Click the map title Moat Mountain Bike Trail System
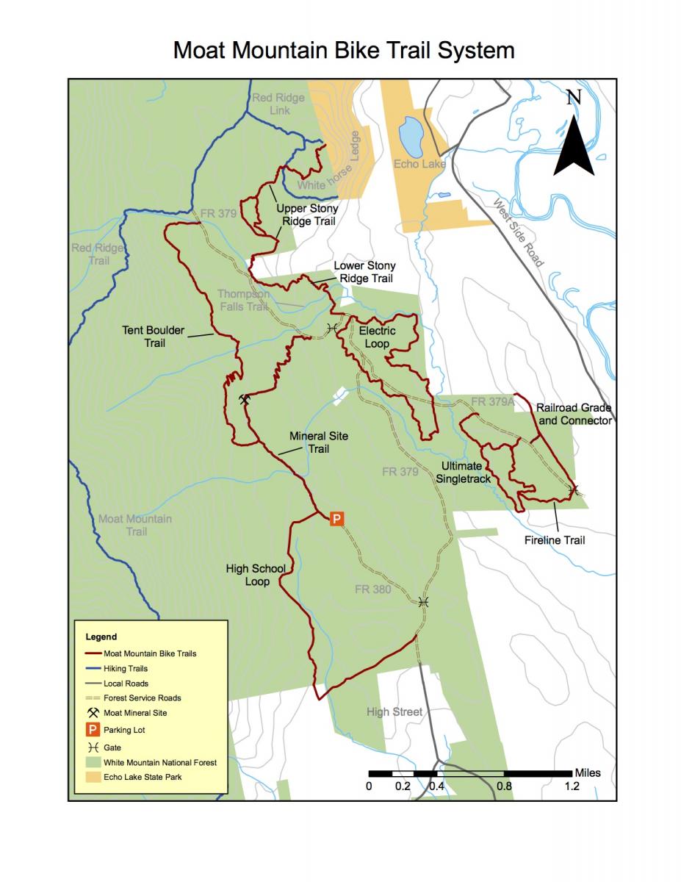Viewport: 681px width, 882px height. coord(343,50)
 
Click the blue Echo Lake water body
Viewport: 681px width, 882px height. coord(409,136)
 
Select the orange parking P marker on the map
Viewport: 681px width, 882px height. coord(336,519)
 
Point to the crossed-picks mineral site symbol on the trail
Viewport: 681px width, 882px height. coord(245,400)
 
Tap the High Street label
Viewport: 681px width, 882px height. coord(394,711)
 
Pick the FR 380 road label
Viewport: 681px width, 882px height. coord(372,589)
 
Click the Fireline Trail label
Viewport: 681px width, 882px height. coord(555,540)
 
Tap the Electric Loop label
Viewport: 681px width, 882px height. coord(377,337)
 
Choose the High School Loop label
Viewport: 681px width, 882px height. coord(255,575)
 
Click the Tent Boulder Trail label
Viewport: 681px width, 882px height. coord(154,337)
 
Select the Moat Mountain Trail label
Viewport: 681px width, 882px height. coord(135,525)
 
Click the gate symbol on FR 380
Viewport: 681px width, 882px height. coord(423,601)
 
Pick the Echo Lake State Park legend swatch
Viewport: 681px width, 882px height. coord(93,777)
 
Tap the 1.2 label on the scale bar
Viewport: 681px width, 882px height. coord(572,786)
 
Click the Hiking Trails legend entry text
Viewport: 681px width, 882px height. coord(126,669)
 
